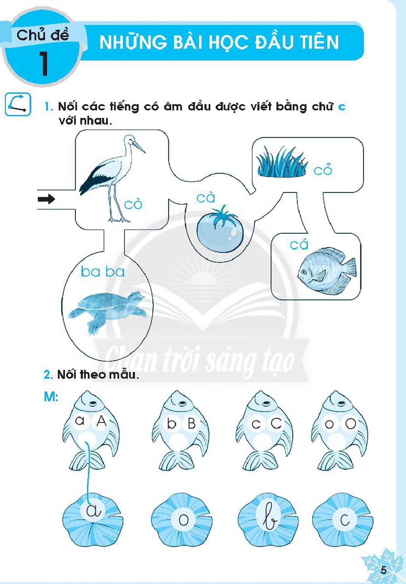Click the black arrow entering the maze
[x=46, y=200]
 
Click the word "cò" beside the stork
[x=133, y=204]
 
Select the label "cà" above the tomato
[x=206, y=197]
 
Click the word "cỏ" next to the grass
[x=323, y=170]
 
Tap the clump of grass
[x=282, y=162]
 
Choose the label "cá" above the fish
[x=299, y=245]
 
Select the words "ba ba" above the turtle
[x=103, y=272]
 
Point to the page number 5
[x=383, y=570]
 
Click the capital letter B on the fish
[x=192, y=424]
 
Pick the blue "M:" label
[x=51, y=397]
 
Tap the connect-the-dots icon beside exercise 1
[x=18, y=105]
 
